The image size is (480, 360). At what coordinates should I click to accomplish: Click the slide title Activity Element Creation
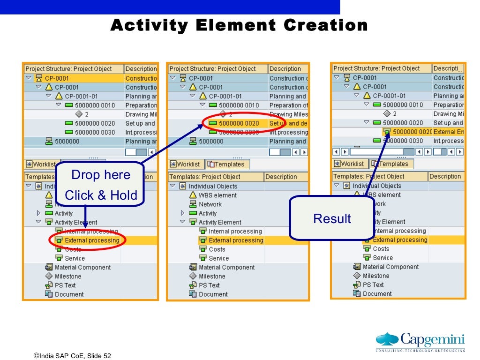(239, 25)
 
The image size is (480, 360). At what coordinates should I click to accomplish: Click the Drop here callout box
(100, 185)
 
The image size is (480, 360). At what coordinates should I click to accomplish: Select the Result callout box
(332, 218)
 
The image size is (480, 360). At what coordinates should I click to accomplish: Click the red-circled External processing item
(91, 240)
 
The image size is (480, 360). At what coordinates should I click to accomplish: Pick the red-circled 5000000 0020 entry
(239, 123)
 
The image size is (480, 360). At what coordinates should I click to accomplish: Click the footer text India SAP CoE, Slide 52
(72, 356)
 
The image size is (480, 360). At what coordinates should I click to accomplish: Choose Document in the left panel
(69, 294)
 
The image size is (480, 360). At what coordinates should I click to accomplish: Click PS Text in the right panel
(373, 285)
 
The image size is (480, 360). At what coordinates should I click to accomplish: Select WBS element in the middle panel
(217, 195)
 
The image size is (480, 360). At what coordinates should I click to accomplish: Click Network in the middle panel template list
(210, 204)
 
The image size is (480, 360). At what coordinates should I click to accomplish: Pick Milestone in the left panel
(68, 276)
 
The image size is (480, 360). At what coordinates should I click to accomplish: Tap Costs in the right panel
(381, 249)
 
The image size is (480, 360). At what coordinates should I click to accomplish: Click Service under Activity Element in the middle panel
(218, 258)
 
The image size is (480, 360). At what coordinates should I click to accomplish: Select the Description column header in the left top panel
(140, 69)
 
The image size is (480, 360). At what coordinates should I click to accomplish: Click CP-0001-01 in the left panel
(81, 96)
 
